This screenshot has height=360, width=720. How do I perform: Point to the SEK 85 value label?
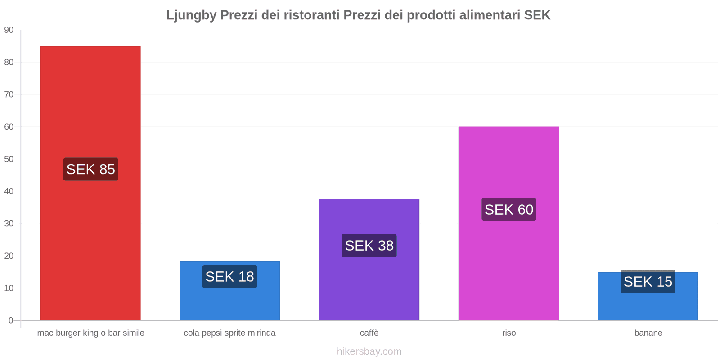click(90, 169)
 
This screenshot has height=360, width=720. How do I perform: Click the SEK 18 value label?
click(229, 276)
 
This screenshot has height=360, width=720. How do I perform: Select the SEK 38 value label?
click(369, 246)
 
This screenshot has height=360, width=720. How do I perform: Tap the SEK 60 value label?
click(508, 210)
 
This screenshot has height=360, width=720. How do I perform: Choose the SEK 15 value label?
click(648, 282)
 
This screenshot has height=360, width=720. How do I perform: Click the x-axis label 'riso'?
click(509, 333)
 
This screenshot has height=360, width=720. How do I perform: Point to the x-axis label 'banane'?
click(648, 333)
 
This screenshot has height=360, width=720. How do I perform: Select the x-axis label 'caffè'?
click(369, 333)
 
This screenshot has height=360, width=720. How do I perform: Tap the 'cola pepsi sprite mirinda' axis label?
click(229, 333)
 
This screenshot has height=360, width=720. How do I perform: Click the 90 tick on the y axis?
click(9, 30)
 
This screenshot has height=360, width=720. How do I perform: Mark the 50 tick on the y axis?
click(9, 159)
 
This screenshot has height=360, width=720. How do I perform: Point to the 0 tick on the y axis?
click(11, 320)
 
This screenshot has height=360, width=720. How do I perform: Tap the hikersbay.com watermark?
click(369, 351)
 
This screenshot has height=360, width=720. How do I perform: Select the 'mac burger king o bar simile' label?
click(90, 333)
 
